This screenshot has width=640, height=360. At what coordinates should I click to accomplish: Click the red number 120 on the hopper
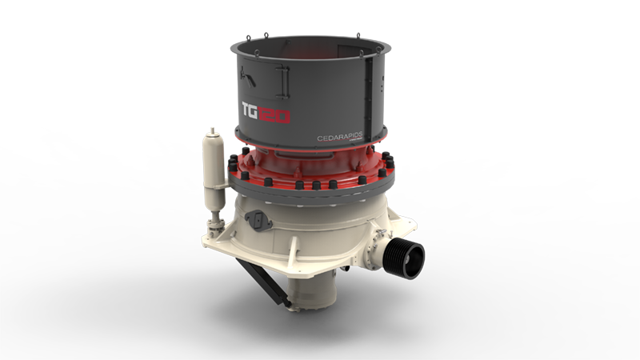276,114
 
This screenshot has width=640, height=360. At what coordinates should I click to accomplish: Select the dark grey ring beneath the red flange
312,196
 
